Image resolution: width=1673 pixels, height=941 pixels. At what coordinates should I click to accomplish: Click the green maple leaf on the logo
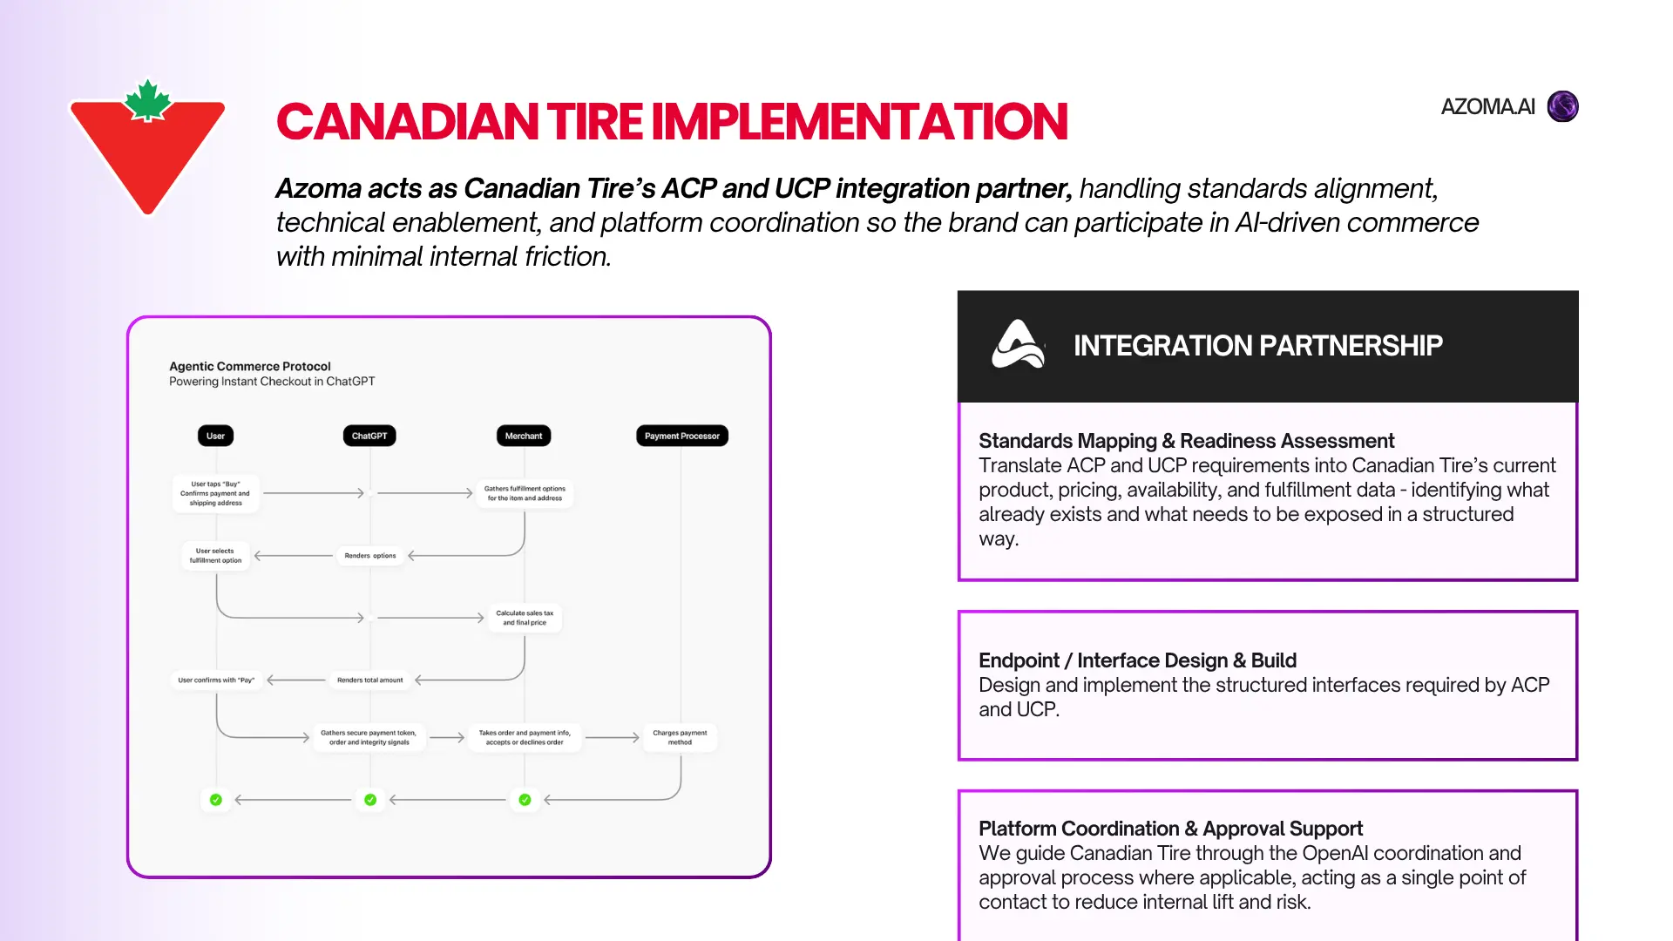coord(148,100)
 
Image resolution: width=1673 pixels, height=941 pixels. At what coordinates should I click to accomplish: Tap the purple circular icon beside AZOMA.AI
coord(1562,106)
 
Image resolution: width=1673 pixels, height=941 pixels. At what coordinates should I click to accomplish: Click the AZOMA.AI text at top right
coord(1487,106)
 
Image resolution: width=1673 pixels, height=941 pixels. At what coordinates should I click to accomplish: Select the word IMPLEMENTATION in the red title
coord(859,121)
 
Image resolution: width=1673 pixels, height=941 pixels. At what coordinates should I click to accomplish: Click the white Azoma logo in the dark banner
coord(1017,344)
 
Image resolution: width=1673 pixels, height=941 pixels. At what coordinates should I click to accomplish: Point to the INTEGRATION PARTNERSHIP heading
coord(1257,345)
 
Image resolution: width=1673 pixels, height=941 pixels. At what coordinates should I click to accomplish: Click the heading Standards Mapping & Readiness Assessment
coord(1186,441)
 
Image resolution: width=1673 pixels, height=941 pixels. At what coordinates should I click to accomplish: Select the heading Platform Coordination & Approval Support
coord(1170,829)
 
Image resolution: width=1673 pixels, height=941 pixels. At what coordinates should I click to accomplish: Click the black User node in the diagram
coord(215,436)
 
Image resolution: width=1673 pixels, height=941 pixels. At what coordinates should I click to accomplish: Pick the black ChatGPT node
coord(369,436)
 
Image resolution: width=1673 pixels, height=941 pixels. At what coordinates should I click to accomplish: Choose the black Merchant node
coord(524,436)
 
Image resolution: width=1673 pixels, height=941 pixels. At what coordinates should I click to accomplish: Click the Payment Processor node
coord(682,436)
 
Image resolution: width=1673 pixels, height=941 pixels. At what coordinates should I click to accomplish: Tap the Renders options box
coord(370,555)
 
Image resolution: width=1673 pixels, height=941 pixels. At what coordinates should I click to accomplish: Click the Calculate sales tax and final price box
coord(525,618)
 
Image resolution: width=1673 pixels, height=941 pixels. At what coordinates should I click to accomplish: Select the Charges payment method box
coord(680,737)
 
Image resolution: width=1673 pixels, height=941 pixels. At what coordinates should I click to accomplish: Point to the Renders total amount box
coord(370,680)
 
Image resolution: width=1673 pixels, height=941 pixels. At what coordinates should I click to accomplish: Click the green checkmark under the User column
coord(216,800)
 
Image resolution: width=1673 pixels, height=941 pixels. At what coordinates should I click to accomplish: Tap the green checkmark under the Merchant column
coord(525,800)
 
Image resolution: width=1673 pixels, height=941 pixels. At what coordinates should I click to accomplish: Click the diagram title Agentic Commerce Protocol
coord(250,366)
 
